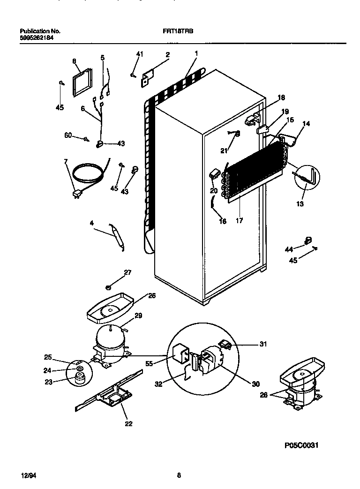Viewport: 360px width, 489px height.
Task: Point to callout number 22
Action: [x=128, y=424]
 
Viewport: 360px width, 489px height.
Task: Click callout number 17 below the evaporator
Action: [x=239, y=220]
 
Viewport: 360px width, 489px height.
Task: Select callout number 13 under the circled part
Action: [x=300, y=204]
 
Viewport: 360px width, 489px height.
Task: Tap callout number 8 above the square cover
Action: [x=74, y=61]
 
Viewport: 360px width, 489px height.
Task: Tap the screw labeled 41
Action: [x=134, y=74]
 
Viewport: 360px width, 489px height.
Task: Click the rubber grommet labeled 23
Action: [x=78, y=380]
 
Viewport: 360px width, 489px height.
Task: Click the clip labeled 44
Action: [x=308, y=241]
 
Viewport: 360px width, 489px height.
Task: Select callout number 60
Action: [x=67, y=136]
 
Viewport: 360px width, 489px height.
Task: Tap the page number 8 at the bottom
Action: [x=179, y=475]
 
